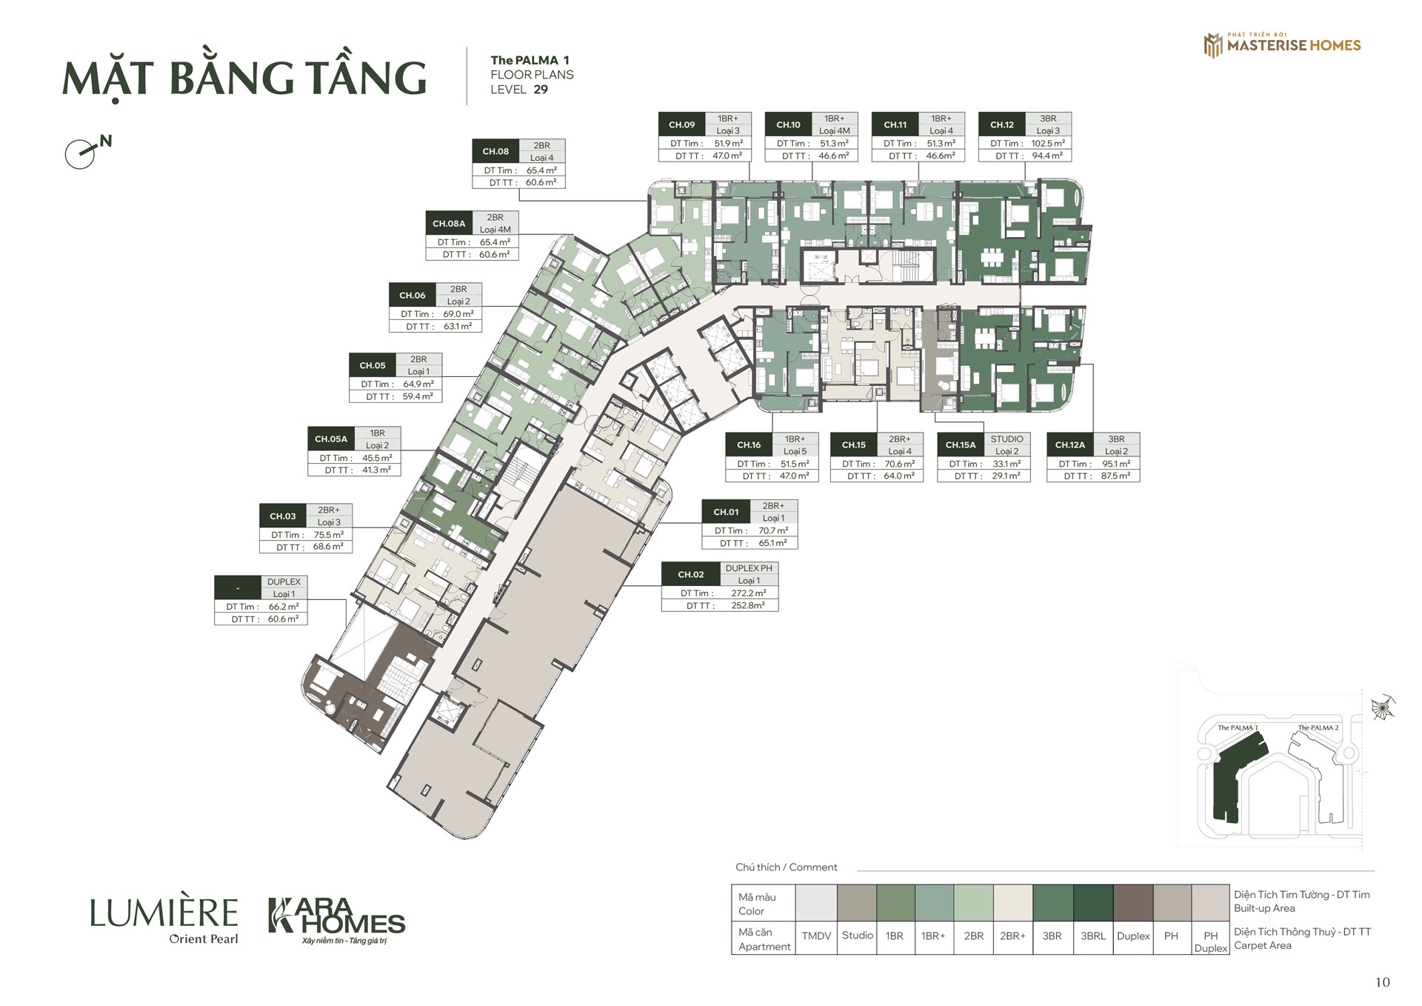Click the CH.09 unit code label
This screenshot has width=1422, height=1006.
pyautogui.click(x=681, y=124)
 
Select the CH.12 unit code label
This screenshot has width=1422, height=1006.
pyautogui.click(x=1001, y=124)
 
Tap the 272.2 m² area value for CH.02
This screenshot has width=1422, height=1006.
pyautogui.click(x=748, y=593)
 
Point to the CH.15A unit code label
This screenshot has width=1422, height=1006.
pyautogui.click(x=960, y=444)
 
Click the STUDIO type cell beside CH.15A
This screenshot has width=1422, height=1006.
pyautogui.click(x=1007, y=439)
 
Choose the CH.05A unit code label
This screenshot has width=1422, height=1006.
pyautogui.click(x=330, y=439)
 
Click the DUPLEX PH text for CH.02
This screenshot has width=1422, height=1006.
pyautogui.click(x=749, y=568)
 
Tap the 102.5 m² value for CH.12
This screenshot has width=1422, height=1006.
pyautogui.click(x=1048, y=143)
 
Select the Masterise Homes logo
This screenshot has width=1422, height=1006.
pyautogui.click(x=1282, y=44)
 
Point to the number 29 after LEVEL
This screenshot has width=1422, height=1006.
pyautogui.click(x=541, y=90)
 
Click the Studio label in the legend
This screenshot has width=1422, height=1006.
pyautogui.click(x=857, y=936)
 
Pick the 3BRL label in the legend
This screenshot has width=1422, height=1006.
pyautogui.click(x=1092, y=936)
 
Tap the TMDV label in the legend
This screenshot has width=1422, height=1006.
pyautogui.click(x=816, y=936)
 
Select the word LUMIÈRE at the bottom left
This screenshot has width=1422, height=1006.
pyautogui.click(x=164, y=913)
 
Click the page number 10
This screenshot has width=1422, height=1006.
pyautogui.click(x=1382, y=982)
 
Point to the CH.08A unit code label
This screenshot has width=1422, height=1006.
pyautogui.click(x=449, y=223)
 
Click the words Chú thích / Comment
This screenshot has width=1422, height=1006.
pyautogui.click(x=786, y=867)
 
